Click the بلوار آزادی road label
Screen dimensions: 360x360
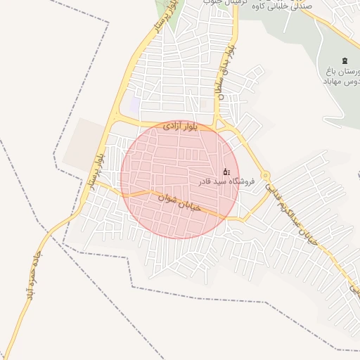coord(181,127)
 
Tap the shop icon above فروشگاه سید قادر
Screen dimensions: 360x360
coord(226,171)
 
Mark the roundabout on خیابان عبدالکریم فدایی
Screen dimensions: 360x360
coord(265,176)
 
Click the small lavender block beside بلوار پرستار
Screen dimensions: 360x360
coord(133,105)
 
